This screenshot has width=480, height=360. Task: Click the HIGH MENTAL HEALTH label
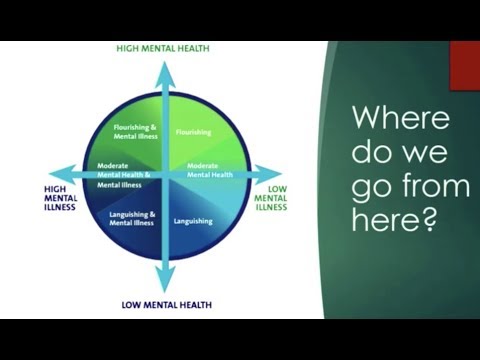point(165,47)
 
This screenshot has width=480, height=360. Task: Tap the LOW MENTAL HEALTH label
point(165,304)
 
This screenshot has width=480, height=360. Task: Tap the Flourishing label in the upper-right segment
point(192,131)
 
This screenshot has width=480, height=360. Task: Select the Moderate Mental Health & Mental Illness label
point(124,174)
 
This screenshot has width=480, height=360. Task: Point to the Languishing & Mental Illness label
point(132,217)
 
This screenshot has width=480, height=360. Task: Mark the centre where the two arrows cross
point(165,172)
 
